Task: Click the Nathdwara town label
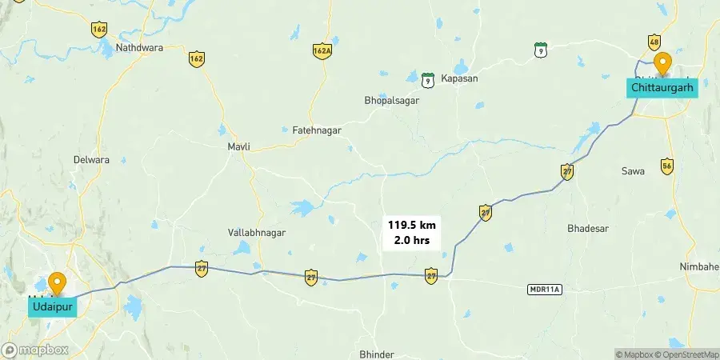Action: [139, 48]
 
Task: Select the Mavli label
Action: [239, 147]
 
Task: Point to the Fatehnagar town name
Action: [317, 130]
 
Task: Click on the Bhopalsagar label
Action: [391, 102]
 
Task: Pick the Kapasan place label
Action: [458, 78]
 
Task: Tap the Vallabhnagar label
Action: [257, 232]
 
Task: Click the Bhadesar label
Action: [588, 228]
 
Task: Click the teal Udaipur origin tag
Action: [53, 306]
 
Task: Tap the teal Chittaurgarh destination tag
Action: [662, 86]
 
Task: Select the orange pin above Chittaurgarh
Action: [662, 62]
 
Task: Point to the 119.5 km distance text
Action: [411, 226]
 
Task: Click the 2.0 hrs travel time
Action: [411, 241]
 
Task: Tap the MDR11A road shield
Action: [546, 289]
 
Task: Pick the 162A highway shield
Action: [322, 50]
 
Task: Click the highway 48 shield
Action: [654, 42]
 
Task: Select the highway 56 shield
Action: [667, 166]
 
